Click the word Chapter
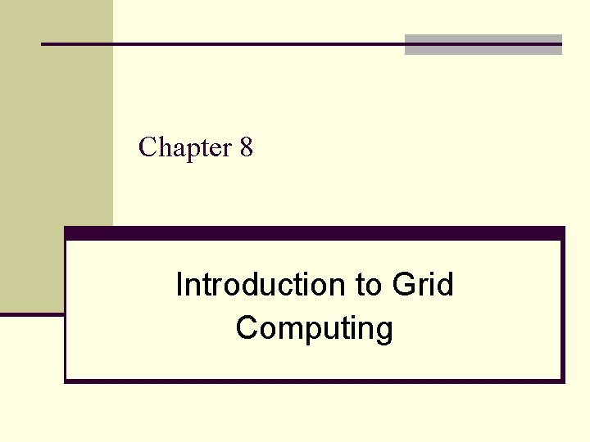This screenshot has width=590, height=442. pos(186,147)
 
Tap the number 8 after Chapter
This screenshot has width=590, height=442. pos(247,147)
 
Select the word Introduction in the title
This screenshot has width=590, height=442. pos(261,285)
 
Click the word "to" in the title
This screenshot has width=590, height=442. pos(368,285)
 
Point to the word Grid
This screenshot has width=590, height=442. pos(422,285)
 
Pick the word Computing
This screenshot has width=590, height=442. pos(314,328)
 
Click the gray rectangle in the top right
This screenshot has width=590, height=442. pos(483,45)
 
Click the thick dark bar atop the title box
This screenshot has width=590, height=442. pos(315,233)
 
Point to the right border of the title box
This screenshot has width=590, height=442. pos(563,311)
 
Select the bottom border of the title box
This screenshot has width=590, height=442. pos(315,380)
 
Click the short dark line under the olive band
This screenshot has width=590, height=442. pos(32,313)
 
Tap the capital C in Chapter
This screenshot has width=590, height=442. pos(147,147)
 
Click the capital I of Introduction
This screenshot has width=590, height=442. pos(179,285)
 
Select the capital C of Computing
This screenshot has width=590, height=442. pos(247,328)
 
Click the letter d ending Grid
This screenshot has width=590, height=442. pos(446,285)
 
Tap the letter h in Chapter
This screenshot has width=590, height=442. pos(162,147)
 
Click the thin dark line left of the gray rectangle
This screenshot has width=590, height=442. pos(221,43)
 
